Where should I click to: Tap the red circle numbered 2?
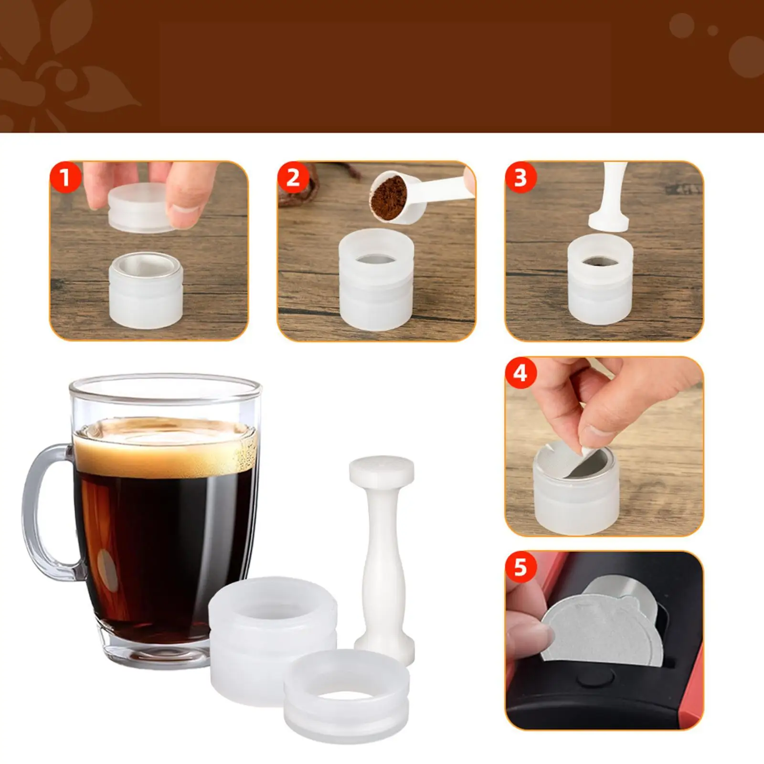293,178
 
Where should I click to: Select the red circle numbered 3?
520,178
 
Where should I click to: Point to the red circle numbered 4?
520,373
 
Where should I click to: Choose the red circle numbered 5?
520,568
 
